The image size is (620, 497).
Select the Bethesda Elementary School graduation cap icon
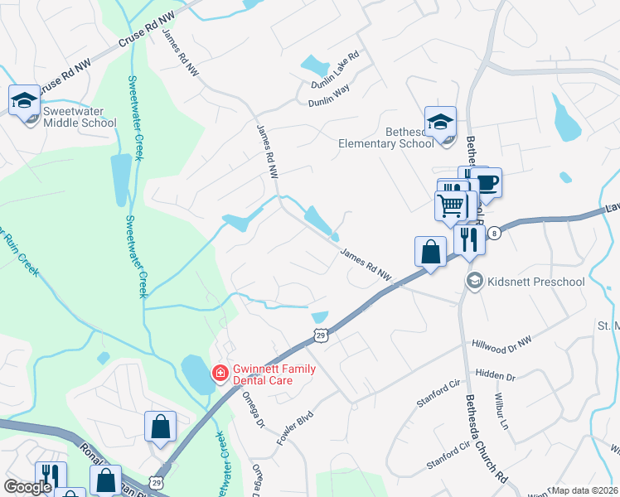click(440, 122)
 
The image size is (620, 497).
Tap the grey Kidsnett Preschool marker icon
click(474, 281)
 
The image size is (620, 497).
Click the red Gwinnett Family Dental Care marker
click(220, 373)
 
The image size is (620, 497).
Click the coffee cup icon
click(487, 181)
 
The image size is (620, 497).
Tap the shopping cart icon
click(451, 205)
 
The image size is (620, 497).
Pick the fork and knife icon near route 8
click(469, 240)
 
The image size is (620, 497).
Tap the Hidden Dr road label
click(496, 376)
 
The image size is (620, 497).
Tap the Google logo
click(27, 487)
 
